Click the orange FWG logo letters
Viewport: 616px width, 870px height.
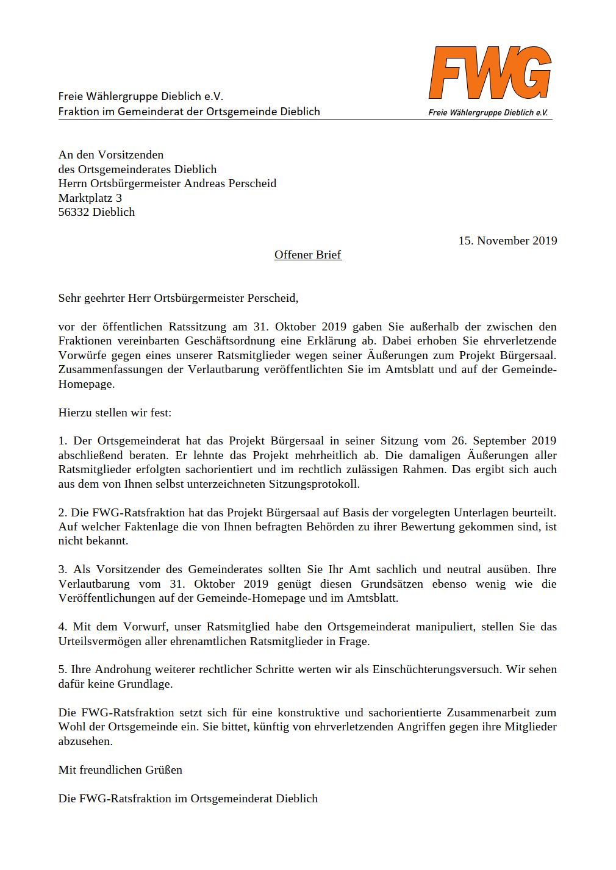point(490,73)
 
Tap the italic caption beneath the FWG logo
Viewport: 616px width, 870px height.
point(487,113)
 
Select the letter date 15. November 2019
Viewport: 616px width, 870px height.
point(507,241)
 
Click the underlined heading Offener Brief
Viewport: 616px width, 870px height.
point(307,255)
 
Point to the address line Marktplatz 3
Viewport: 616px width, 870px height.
point(90,198)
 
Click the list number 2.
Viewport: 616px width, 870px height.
point(62,513)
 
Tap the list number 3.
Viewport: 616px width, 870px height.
point(62,569)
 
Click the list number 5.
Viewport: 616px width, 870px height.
point(62,669)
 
